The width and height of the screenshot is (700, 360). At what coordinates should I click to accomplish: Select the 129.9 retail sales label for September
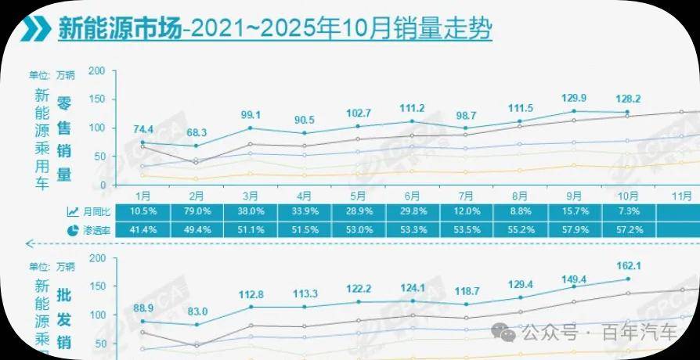[x=575, y=98]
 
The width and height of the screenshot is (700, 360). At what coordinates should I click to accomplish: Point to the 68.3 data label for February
[x=197, y=132]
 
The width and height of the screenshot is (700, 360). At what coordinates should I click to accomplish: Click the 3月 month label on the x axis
[x=251, y=195]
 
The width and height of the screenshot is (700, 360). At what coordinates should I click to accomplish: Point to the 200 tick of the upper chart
[x=97, y=71]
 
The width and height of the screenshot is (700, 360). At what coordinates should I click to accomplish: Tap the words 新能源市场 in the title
[x=117, y=30]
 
